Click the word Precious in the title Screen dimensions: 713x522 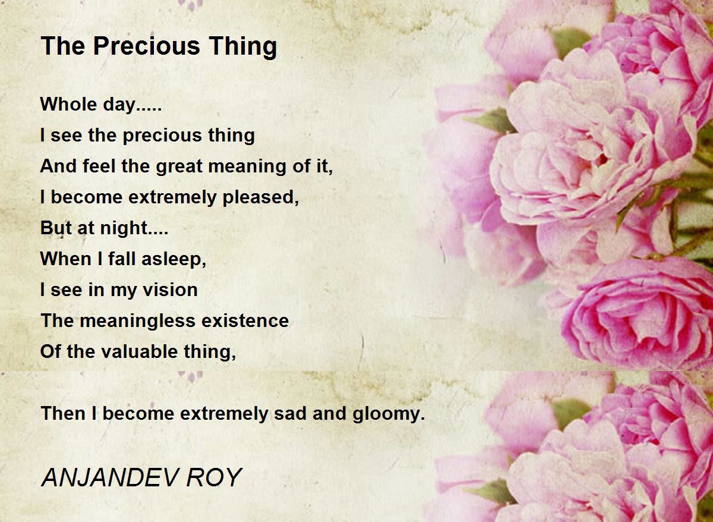[x=147, y=46]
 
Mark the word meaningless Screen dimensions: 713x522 [x=137, y=321]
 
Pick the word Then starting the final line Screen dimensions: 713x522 [x=63, y=413]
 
